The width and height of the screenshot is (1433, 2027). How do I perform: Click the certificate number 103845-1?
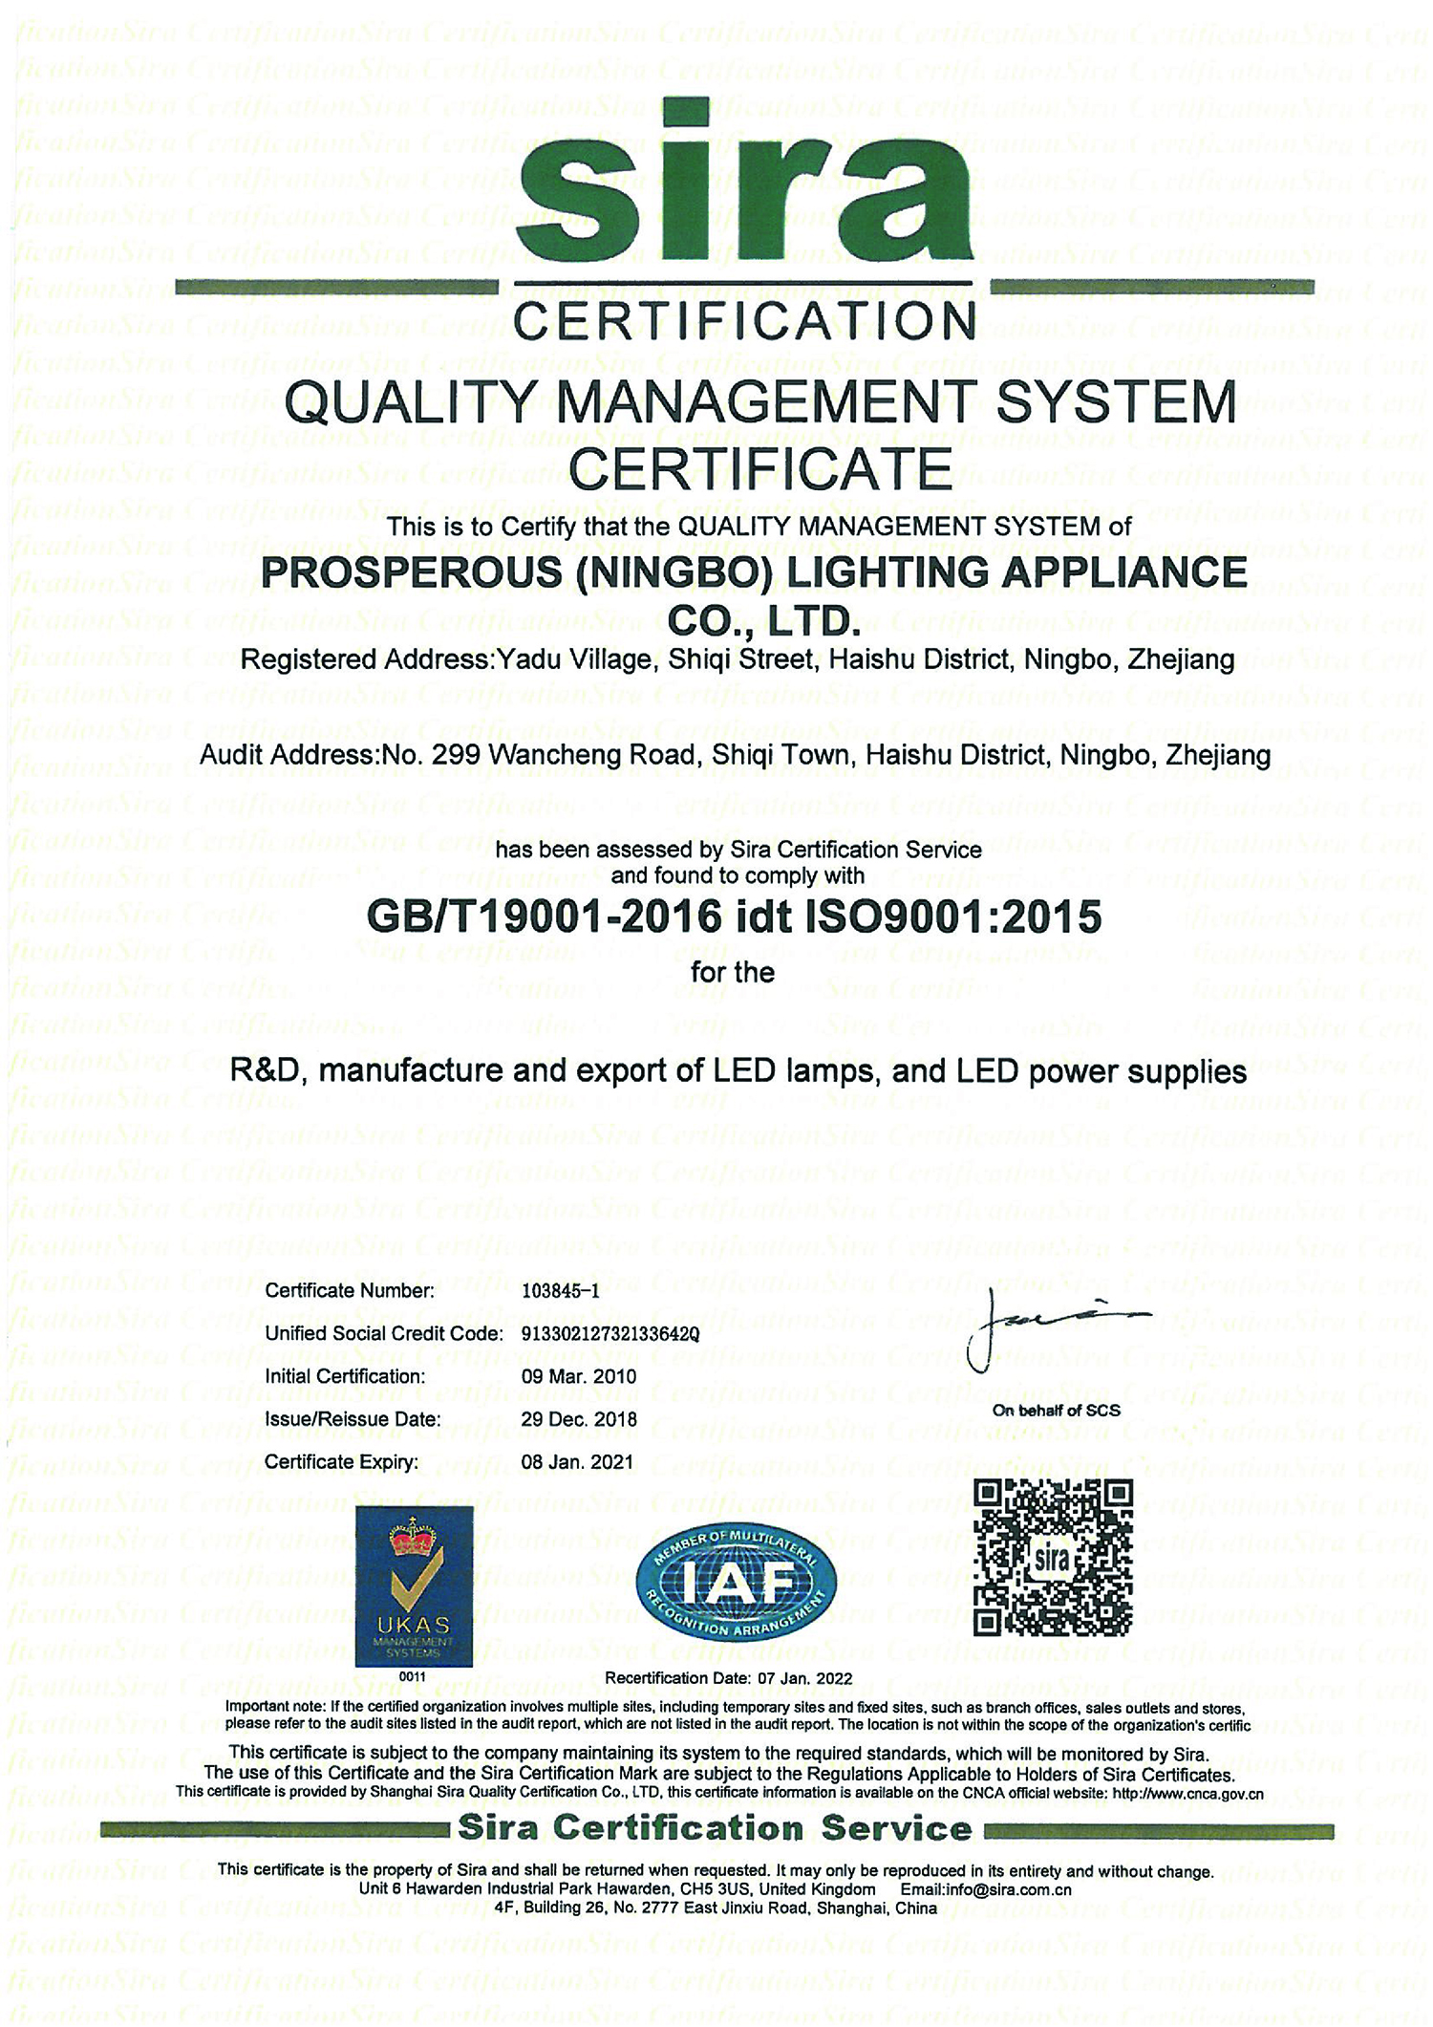(561, 1291)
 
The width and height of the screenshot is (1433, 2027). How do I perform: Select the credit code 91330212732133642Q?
(610, 1334)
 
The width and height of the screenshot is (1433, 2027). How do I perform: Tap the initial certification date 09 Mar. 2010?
(579, 1376)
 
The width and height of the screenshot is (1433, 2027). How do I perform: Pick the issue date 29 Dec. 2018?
(579, 1419)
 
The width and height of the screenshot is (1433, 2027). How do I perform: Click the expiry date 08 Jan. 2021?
(577, 1461)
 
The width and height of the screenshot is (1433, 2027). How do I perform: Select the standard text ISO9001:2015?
(954, 917)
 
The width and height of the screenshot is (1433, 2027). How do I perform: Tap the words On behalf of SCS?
(1056, 1411)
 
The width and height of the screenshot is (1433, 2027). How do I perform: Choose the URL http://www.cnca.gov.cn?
(1187, 1794)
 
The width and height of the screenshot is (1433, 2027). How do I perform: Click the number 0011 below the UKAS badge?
(413, 1676)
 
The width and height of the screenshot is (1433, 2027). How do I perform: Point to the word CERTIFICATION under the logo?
(744, 322)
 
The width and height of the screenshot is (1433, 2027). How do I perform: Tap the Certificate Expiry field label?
(342, 1461)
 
